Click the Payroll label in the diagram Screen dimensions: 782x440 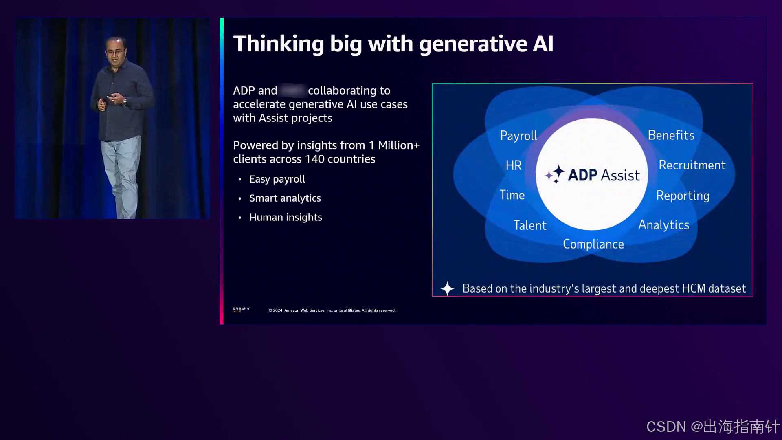[518, 136]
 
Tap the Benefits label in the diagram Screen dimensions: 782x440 [671, 135]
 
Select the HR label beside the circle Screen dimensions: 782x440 [514, 165]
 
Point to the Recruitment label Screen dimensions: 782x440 [692, 165]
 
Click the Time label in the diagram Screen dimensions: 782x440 [512, 195]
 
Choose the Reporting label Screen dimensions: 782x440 [683, 196]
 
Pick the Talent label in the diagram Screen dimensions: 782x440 [530, 225]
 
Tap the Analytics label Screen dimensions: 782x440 [663, 225]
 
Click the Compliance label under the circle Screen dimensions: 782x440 [593, 244]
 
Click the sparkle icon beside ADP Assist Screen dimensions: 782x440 [555, 174]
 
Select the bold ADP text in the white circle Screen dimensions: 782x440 [582, 175]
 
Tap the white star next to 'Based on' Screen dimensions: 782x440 [447, 288]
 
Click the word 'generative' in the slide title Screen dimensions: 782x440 [473, 44]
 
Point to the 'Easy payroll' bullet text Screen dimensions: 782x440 [277, 179]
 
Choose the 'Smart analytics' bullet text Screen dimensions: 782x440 [285, 198]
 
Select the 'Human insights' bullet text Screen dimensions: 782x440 [286, 218]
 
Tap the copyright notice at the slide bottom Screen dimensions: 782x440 [332, 310]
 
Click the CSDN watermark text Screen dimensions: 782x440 [712, 427]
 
